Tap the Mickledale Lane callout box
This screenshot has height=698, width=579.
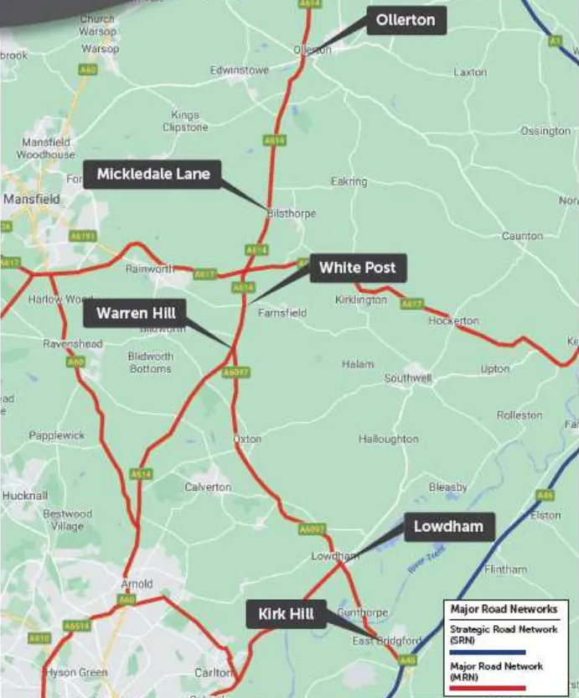pos(153,174)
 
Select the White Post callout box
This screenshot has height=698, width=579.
pos(358,268)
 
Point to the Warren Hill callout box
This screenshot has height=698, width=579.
pos(135,314)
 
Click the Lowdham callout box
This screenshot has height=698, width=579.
pos(448,528)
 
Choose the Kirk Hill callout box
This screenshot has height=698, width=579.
pos(286,614)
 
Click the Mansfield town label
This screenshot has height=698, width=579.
pos(31,200)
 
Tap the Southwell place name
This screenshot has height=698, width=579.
pos(407,378)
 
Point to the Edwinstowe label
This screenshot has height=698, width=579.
pos(239,70)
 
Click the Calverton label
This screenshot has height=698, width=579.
pos(208,487)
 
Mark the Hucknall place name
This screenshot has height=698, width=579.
pos(24,496)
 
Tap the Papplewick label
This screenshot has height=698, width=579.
pos(57,435)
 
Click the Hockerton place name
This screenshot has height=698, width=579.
pos(453,321)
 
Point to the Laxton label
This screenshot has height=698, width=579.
pos(469,72)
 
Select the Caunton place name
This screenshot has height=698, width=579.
pos(522,236)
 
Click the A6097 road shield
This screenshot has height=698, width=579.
pos(236,372)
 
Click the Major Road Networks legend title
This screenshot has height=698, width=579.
pos(503,609)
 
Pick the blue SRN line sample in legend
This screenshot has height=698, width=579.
pos(487,651)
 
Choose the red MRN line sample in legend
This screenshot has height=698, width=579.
pos(487,687)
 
